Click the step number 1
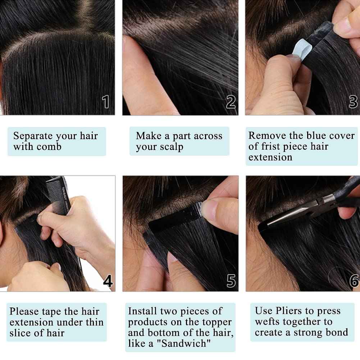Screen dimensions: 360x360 106,102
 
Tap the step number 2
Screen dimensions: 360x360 231,102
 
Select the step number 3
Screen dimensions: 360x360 354,102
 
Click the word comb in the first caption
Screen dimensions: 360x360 48,147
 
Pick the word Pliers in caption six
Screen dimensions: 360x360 290,311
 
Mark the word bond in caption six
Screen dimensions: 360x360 337,332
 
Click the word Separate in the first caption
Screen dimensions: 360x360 33,136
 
